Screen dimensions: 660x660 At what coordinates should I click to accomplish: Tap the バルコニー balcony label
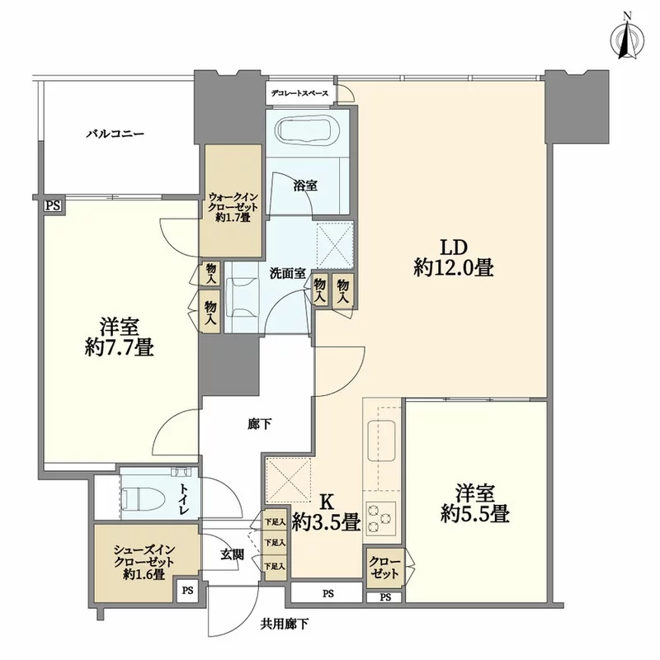pos(115,134)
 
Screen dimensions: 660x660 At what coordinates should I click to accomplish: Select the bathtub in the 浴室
pos(308,130)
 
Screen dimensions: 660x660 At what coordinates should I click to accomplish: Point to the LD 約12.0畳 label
pos(453,257)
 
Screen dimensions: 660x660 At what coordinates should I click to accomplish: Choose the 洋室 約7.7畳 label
pos(120,337)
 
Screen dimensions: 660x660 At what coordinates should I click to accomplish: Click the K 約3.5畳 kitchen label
pos(326,512)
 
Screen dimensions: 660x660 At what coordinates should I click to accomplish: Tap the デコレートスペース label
pos(299,93)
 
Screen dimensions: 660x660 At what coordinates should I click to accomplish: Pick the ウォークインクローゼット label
pos(233,207)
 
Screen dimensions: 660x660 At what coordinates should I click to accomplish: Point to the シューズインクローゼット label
pos(144,562)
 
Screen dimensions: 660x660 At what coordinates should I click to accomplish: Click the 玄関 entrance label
pos(232,554)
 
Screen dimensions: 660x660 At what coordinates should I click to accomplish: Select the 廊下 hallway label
pos(259,425)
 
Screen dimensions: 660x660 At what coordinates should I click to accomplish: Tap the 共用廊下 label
pos(284,624)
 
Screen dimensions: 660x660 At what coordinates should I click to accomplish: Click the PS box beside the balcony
pos(54,206)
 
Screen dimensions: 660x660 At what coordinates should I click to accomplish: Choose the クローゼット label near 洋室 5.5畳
pos(384,568)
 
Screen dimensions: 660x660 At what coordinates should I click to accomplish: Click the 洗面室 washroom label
pos(287,274)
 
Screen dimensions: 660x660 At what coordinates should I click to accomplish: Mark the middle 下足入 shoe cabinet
pos(275,544)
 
